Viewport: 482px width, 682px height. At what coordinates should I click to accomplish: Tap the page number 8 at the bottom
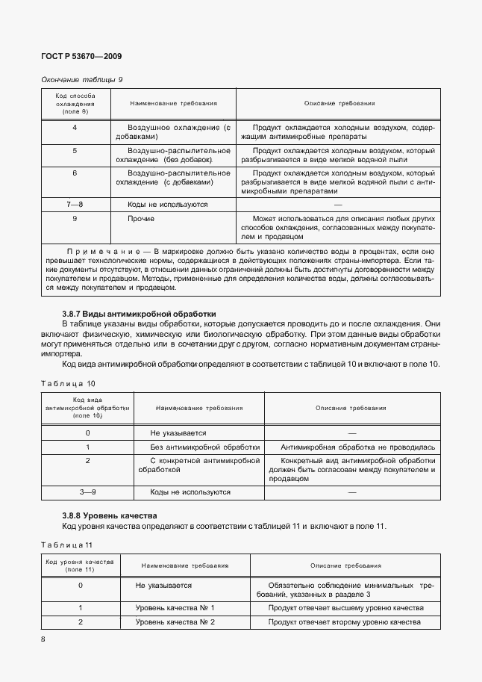43,639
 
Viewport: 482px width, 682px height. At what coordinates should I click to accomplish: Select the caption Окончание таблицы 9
81,79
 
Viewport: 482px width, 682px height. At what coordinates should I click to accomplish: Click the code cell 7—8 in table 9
75,203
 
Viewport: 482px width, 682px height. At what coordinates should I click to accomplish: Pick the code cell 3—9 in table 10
88,492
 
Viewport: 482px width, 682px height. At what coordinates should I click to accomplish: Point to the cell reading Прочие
141,219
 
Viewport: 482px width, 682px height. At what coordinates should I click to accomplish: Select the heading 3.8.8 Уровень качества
109,516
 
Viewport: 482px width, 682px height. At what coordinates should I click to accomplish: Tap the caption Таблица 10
68,383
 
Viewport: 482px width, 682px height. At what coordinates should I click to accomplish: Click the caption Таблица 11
66,544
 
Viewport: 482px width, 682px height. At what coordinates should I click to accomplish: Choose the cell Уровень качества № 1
175,608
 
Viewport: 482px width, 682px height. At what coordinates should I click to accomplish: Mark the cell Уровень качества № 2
175,621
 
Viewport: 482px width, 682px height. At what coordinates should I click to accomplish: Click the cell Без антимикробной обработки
204,447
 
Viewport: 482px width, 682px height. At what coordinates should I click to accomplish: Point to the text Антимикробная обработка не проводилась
357,447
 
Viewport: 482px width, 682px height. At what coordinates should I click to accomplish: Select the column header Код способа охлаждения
75,103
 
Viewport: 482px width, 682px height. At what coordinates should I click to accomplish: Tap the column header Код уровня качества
79,565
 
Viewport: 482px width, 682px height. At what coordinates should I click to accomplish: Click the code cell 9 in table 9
75,219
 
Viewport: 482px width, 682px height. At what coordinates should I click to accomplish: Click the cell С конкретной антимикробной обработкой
198,465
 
